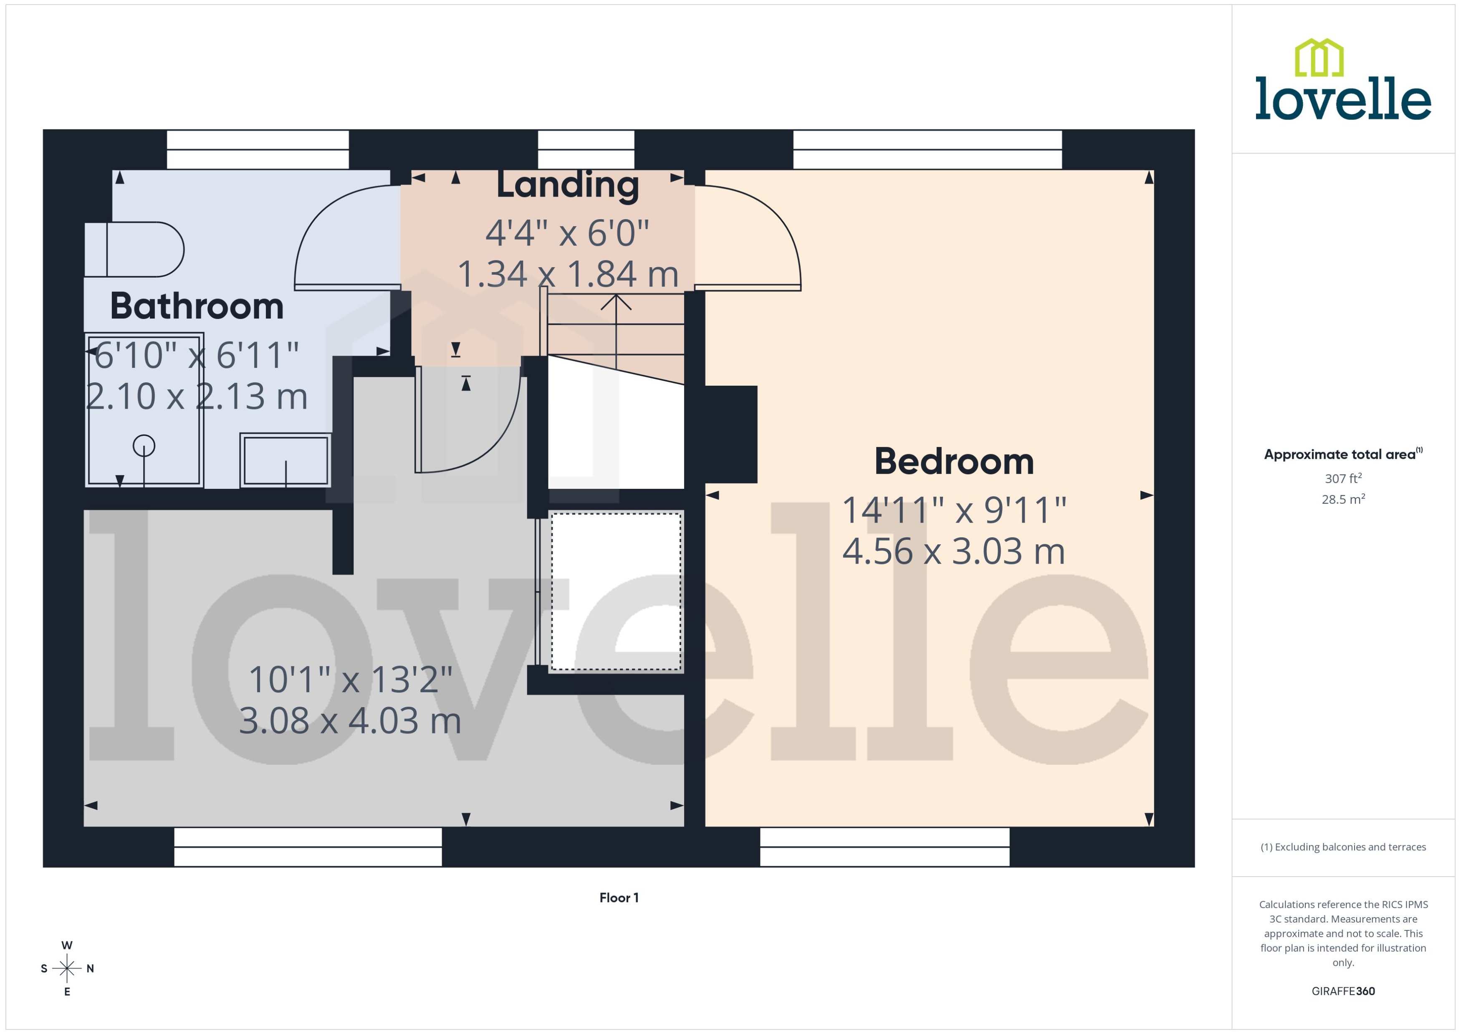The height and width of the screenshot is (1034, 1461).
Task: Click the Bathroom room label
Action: [x=197, y=306]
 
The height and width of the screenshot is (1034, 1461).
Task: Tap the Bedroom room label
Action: [x=954, y=462]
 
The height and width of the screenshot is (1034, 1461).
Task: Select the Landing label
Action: [x=567, y=185]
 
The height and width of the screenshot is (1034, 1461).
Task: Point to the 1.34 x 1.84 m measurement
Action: [x=567, y=274]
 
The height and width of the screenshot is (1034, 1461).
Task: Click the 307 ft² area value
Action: [x=1343, y=478]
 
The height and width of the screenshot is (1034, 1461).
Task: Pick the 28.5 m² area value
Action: [x=1343, y=499]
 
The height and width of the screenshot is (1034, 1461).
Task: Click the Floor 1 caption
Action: [x=619, y=898]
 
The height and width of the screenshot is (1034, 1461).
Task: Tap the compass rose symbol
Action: [x=67, y=968]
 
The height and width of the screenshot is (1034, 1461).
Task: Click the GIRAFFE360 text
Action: [x=1343, y=991]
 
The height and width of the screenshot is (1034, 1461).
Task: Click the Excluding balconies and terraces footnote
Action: [x=1343, y=847]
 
